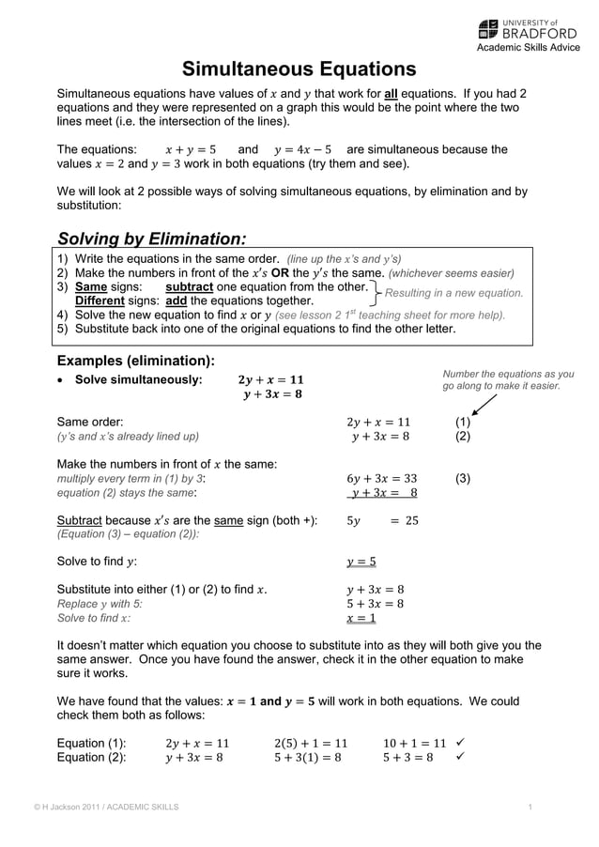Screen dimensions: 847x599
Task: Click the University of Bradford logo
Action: click(527, 28)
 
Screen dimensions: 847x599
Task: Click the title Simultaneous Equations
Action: click(299, 69)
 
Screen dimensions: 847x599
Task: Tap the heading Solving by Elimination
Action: click(152, 238)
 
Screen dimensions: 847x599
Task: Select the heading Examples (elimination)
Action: click(136, 361)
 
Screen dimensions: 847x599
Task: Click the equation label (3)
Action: click(463, 478)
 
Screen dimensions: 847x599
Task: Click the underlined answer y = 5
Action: click(361, 562)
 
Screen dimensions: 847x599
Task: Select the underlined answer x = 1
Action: click(361, 618)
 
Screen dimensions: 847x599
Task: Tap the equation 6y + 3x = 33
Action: click(381, 478)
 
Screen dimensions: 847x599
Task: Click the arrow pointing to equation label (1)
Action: click(484, 405)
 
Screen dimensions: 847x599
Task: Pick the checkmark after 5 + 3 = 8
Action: click(460, 758)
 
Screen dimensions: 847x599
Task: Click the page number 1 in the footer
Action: click(530, 808)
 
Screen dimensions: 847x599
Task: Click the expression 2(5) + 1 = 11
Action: click(311, 743)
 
